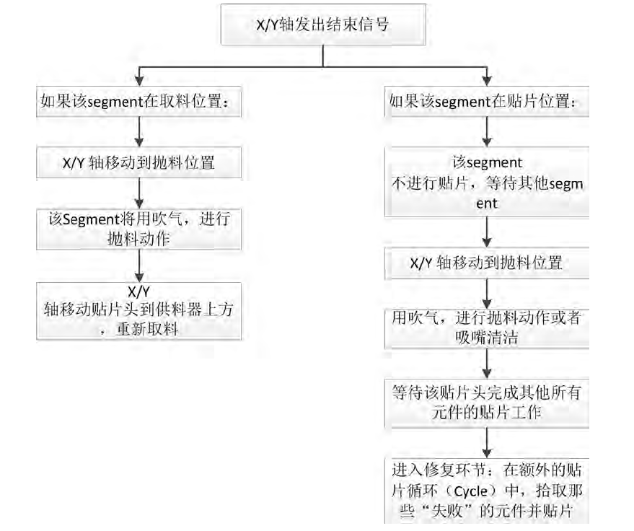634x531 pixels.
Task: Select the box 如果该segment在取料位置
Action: point(138,101)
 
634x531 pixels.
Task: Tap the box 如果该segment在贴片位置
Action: point(488,101)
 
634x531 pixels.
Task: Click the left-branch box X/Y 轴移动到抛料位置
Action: point(138,162)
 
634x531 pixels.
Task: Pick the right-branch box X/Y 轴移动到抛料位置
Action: point(488,263)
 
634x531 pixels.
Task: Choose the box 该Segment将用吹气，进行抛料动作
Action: point(138,228)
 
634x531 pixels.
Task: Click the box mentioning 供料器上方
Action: point(138,310)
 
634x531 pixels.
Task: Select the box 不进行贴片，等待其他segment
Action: point(488,183)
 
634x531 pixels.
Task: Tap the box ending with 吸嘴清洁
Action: point(488,326)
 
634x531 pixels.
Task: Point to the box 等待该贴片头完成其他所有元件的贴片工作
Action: point(488,401)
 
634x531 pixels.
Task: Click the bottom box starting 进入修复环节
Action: point(488,491)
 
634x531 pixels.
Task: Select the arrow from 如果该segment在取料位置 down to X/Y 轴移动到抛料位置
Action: point(138,131)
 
